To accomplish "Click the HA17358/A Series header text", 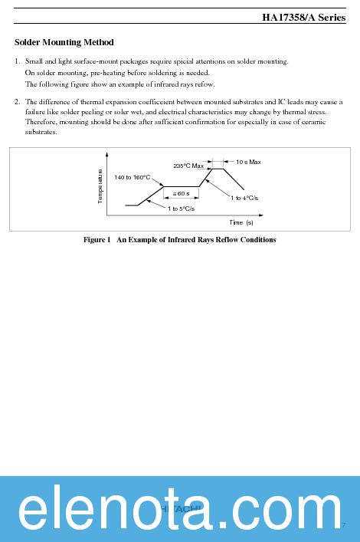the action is coord(303,17).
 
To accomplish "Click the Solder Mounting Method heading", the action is coord(64,42).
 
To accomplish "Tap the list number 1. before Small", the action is coord(17,61).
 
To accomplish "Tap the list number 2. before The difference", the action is coord(17,101).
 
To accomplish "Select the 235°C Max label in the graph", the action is coord(188,166).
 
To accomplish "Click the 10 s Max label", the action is coord(248,162).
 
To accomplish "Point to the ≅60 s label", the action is coord(181,193).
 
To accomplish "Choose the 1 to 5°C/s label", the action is coord(181,209).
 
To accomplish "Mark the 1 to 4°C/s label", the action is coord(244,198).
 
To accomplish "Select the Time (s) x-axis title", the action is coord(241,222).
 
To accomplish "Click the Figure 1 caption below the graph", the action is coord(180,240).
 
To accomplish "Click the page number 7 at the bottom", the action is coord(345,525).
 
